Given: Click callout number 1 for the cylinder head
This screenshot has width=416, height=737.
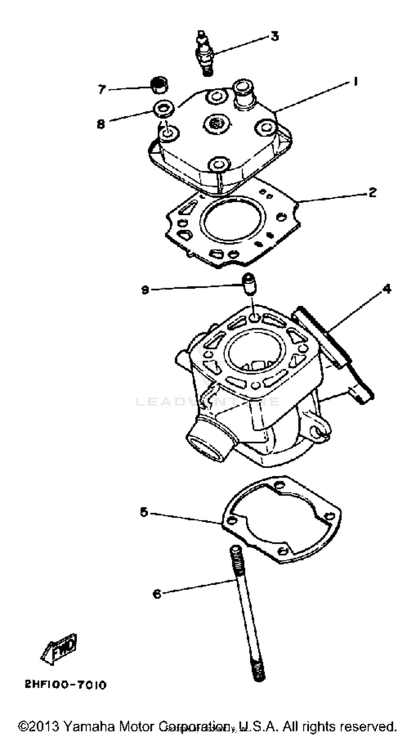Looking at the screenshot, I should (x=355, y=82).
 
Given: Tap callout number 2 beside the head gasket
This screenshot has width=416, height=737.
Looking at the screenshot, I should (x=372, y=193).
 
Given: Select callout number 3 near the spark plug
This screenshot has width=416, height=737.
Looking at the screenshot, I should (x=275, y=36).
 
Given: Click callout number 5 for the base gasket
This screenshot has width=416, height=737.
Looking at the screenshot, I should (x=144, y=512).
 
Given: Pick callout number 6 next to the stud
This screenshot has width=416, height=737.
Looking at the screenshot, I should (x=157, y=594).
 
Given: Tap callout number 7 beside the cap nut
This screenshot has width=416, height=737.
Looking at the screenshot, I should (x=102, y=90).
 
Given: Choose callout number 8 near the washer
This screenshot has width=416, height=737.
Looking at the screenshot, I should (x=101, y=124).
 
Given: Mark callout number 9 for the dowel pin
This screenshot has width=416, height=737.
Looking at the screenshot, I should (x=145, y=290).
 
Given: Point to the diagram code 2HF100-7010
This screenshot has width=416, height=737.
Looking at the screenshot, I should (x=66, y=685).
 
